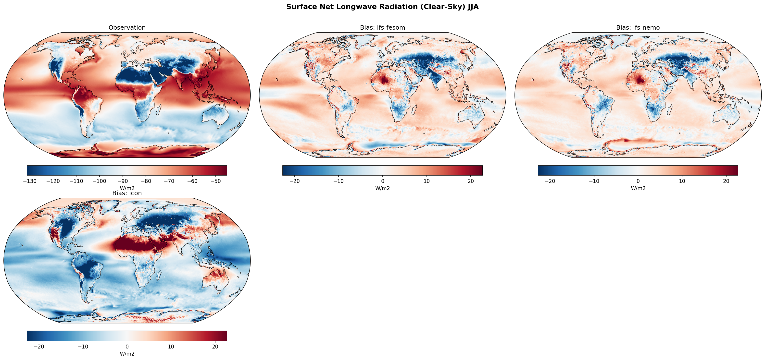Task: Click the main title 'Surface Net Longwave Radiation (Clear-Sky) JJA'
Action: coord(382,7)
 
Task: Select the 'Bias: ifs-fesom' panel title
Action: coord(382,28)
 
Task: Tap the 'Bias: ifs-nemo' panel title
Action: coord(638,28)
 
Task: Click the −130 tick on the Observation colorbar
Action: coord(30,181)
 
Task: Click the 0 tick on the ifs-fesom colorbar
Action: coord(382,181)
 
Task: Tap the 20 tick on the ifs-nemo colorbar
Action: coord(726,181)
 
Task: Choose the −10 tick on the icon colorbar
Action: coord(83,347)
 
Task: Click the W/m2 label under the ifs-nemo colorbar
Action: coord(638,188)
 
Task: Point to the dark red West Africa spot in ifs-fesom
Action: coord(385,80)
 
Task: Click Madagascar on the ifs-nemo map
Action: coord(669,111)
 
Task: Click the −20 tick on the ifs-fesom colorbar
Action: coord(294,181)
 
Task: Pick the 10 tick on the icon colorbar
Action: coord(171,347)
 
